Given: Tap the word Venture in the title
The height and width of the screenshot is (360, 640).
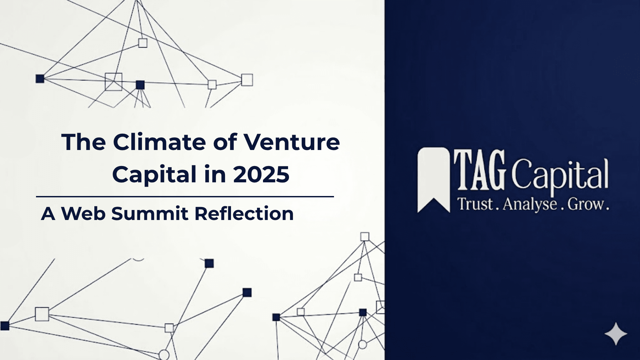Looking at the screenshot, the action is pyautogui.click(x=292, y=142).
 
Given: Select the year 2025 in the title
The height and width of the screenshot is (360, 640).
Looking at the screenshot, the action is pyautogui.click(x=261, y=174).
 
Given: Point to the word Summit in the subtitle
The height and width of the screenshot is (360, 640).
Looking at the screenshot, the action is pyautogui.click(x=150, y=213).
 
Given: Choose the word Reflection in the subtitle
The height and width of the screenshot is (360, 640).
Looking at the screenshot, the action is pyautogui.click(x=244, y=213).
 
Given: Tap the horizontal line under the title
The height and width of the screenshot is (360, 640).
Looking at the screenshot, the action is pyautogui.click(x=185, y=197).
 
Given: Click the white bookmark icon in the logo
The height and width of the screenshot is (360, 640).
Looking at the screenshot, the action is pyautogui.click(x=434, y=180).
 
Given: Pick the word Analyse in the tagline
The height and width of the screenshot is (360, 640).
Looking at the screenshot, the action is pyautogui.click(x=530, y=204).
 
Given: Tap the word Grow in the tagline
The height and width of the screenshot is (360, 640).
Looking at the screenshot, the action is pyautogui.click(x=586, y=204).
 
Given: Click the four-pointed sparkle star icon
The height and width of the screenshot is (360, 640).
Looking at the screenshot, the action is pyautogui.click(x=616, y=334).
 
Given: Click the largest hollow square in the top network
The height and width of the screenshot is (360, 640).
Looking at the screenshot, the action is pyautogui.click(x=114, y=82).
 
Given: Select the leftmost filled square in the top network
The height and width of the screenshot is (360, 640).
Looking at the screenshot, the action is pyautogui.click(x=40, y=79).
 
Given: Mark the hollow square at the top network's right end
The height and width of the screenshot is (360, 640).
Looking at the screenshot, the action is pyautogui.click(x=247, y=80).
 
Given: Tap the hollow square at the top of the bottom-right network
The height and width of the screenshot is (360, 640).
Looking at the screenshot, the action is pyautogui.click(x=365, y=237).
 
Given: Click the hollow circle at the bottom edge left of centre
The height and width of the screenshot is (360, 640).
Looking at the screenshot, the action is pyautogui.click(x=164, y=355).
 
